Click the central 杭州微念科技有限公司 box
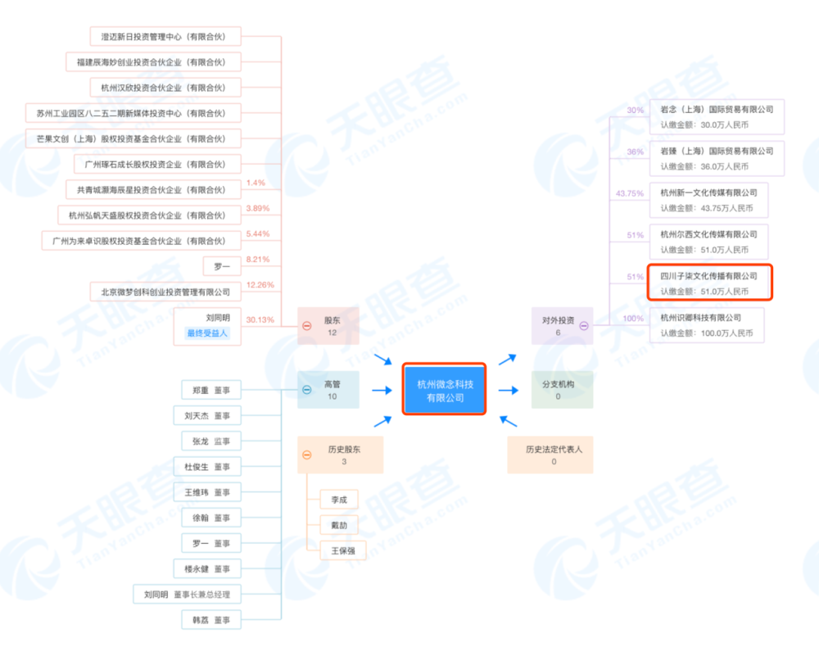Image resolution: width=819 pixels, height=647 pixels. [444, 390]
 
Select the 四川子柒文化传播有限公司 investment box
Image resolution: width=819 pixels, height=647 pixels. [710, 283]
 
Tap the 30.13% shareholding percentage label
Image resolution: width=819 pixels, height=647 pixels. [260, 319]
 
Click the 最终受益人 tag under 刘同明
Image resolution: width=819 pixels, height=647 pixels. [207, 333]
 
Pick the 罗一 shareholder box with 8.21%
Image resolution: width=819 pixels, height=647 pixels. [222, 266]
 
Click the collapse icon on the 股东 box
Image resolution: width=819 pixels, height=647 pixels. [307, 326]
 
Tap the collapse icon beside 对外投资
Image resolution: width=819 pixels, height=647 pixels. [584, 326]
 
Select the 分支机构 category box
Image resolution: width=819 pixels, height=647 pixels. [562, 390]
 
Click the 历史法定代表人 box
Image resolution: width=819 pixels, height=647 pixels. [550, 455]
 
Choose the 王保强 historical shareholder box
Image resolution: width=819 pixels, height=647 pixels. [342, 550]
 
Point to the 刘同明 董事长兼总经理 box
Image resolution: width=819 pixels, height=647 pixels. [187, 595]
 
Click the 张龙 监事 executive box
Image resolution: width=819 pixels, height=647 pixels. [211, 441]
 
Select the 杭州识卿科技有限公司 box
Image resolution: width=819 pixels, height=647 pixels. [707, 325]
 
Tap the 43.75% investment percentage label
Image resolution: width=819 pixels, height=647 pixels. [630, 193]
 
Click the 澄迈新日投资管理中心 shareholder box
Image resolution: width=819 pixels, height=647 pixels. [165, 37]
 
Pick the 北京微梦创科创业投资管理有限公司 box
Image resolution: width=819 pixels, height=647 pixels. [165, 292]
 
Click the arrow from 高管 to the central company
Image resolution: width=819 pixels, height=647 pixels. [382, 390]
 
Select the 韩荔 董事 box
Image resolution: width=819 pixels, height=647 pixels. [211, 620]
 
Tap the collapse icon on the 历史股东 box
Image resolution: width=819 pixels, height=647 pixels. [307, 455]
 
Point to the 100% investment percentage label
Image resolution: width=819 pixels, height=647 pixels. [633, 319]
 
